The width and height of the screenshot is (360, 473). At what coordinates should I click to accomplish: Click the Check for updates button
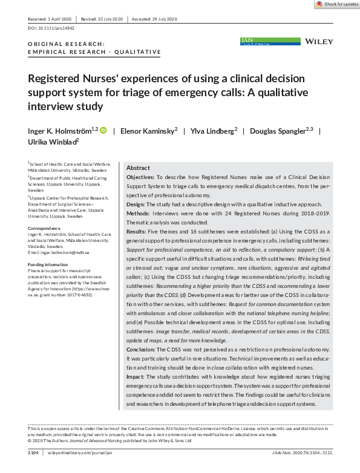click(336, 4)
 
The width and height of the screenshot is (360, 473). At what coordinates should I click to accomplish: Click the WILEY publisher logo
click(319, 41)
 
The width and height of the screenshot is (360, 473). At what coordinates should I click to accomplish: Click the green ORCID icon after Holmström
click(103, 130)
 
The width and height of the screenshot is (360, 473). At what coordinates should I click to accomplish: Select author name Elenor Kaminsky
click(148, 131)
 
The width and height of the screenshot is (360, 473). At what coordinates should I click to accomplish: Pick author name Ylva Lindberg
click(214, 131)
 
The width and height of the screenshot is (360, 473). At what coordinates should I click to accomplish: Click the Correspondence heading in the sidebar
click(44, 229)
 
